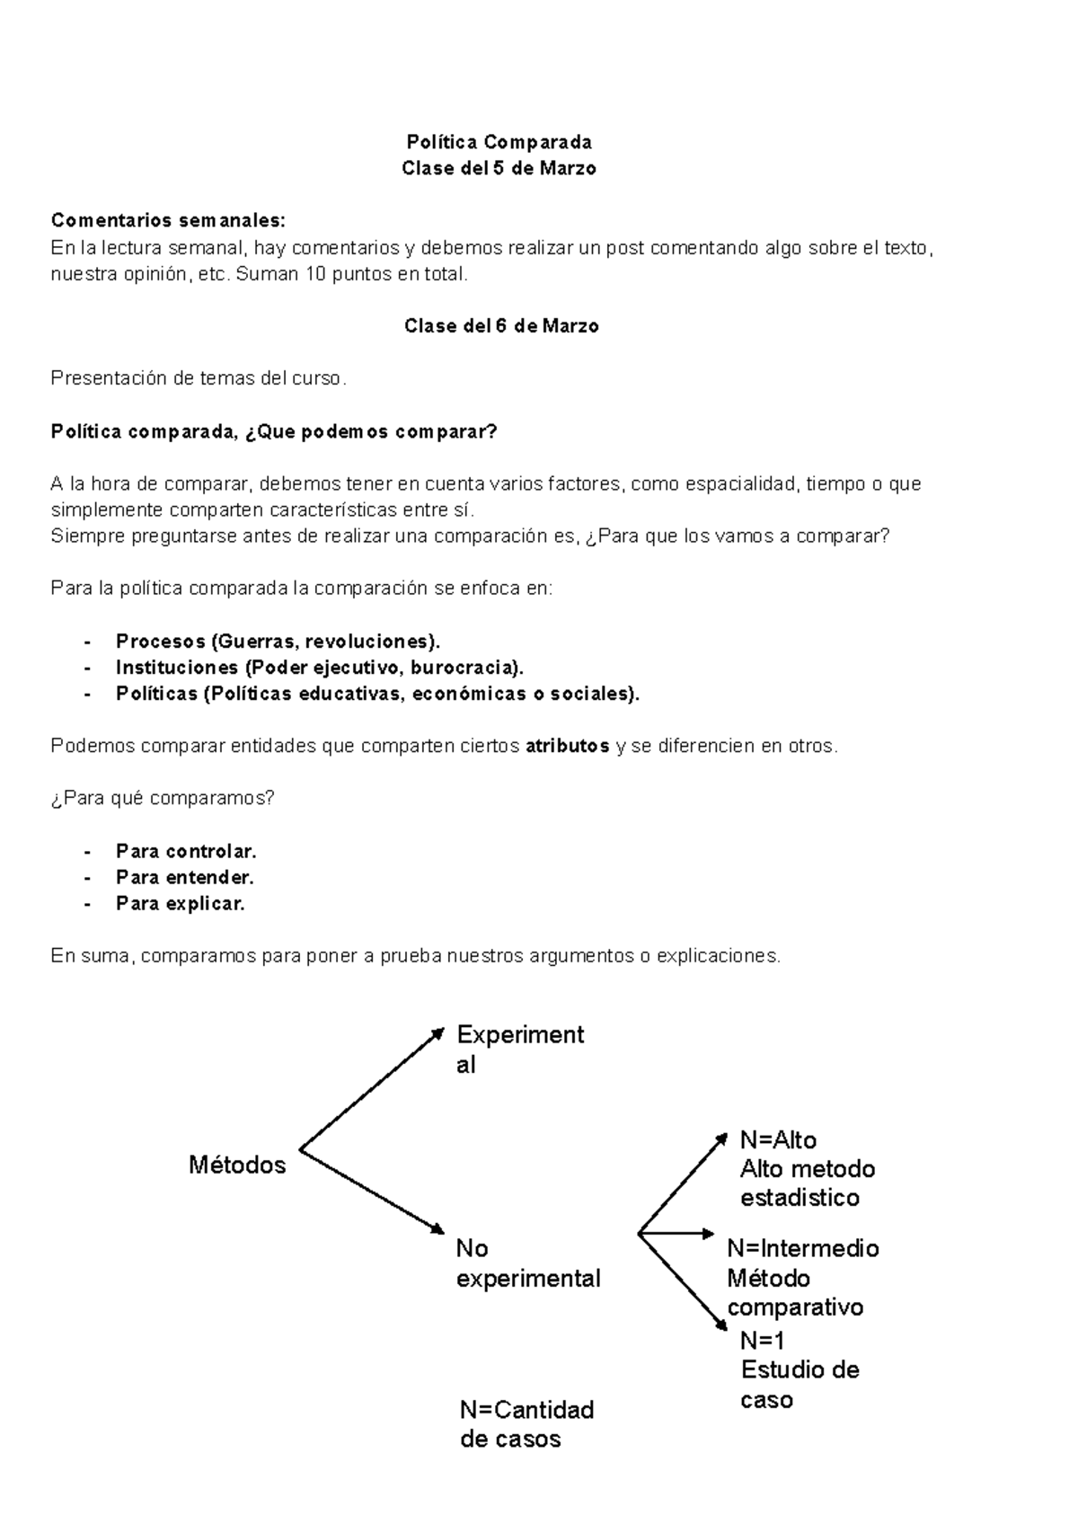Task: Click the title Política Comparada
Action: pos(499,142)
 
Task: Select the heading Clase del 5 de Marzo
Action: pos(499,168)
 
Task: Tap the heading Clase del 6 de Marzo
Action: pos(501,326)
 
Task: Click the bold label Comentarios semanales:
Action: pos(167,221)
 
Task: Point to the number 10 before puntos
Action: pos(315,274)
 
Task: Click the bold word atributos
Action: pos(567,746)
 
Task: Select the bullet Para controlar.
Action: pos(186,851)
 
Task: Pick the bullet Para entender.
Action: pos(184,877)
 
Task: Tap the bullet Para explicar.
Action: pos(180,903)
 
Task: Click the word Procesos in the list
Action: pos(161,642)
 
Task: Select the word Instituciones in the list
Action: pos(176,668)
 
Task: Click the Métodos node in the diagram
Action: pos(237,1165)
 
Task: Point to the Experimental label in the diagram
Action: pos(520,1050)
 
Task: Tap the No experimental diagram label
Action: pos(527,1263)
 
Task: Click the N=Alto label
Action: pos(778,1140)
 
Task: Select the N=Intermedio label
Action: pos(802,1248)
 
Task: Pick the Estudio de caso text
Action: pos(800,1385)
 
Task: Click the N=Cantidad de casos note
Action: pos(526,1423)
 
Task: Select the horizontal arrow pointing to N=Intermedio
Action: pos(676,1234)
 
